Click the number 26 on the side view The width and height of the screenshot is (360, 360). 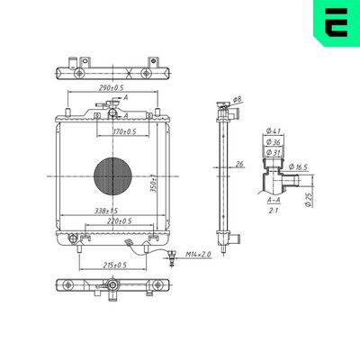[239, 164]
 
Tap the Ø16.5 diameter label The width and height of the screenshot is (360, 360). [300, 167]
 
